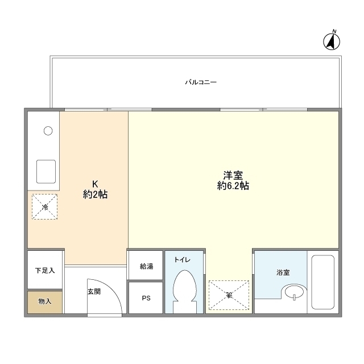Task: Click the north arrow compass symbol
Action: (332, 40)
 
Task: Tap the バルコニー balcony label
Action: (201, 82)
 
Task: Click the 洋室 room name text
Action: (233, 175)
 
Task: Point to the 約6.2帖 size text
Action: (233, 186)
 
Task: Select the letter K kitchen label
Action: (96, 184)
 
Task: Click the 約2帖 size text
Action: (96, 195)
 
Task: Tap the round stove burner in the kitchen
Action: (48, 131)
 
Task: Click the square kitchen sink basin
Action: (46, 170)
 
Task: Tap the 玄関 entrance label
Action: (94, 292)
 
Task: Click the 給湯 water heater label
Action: (146, 266)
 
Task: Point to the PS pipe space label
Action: (146, 297)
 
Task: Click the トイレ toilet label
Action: (182, 260)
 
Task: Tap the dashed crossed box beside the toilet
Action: (229, 293)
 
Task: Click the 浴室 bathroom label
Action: (283, 272)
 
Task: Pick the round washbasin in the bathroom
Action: (295, 293)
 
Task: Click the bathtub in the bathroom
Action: (323, 282)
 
